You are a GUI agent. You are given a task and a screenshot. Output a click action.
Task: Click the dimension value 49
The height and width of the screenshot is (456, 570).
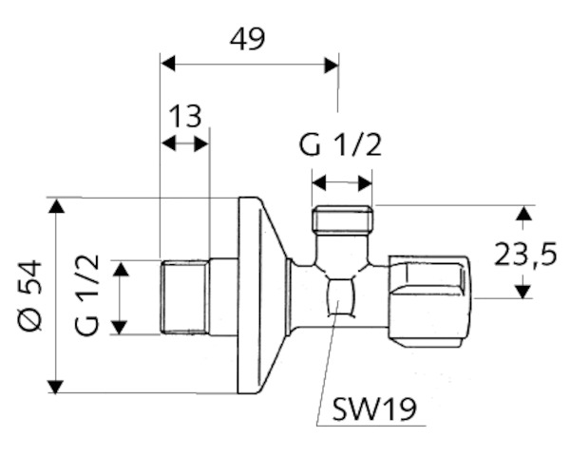(x=248, y=39)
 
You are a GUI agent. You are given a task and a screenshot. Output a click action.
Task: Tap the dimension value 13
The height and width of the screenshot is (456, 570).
(x=185, y=116)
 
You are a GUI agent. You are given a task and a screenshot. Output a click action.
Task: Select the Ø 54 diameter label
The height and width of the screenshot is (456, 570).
(x=30, y=294)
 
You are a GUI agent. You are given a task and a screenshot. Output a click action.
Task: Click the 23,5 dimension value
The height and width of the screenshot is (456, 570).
(x=525, y=255)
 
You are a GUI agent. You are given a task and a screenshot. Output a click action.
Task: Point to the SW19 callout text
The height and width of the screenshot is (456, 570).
(x=374, y=409)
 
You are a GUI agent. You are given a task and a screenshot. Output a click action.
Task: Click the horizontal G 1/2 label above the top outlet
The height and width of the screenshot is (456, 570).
(x=340, y=145)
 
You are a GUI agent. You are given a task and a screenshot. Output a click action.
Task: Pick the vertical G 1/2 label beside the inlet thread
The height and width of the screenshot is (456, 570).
(x=87, y=294)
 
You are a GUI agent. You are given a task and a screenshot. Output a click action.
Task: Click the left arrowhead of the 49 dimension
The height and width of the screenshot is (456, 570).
(x=168, y=64)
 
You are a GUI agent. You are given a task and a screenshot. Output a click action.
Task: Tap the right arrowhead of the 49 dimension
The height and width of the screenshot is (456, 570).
(x=332, y=65)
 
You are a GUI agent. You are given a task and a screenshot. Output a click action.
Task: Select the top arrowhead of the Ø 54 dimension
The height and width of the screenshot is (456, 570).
(x=56, y=205)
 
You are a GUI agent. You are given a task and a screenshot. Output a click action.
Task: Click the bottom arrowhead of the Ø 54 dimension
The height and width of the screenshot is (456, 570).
(x=55, y=387)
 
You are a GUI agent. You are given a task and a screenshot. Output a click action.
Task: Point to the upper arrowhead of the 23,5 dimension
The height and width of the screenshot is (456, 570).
(x=522, y=213)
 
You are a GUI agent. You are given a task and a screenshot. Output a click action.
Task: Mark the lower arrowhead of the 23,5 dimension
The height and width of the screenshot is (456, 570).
(x=522, y=292)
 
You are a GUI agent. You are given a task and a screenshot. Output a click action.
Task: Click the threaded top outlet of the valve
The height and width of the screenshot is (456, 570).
(x=343, y=219)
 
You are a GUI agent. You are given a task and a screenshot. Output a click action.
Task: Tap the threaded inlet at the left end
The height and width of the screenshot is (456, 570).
(x=184, y=296)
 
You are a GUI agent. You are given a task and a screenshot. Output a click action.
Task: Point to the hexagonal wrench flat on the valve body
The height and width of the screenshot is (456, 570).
(x=340, y=296)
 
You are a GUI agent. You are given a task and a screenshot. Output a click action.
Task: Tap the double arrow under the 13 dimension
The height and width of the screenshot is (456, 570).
(x=184, y=143)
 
